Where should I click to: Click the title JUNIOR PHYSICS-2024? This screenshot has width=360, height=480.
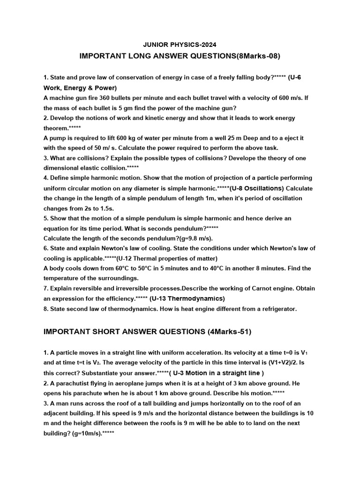click(180, 45)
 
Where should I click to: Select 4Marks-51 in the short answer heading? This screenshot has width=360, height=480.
click(229, 332)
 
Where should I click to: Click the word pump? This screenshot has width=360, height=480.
click(58, 138)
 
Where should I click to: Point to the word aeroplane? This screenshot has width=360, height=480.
click(136, 383)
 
